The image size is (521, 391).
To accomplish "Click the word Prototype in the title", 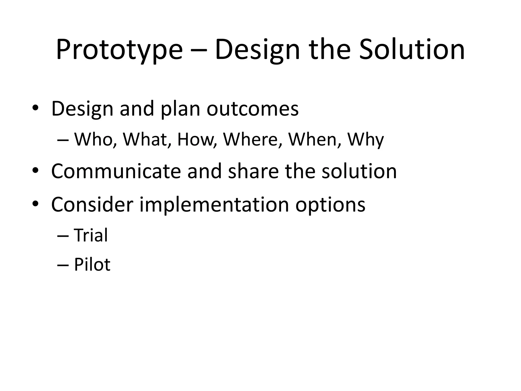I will click(x=119, y=50).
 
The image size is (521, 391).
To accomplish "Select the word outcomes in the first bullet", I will click(x=252, y=109).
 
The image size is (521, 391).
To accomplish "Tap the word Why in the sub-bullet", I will click(x=365, y=140).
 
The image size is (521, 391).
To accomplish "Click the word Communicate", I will click(x=116, y=171).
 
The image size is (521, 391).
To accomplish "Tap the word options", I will click(x=330, y=205).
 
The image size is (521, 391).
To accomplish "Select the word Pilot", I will click(x=92, y=264).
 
